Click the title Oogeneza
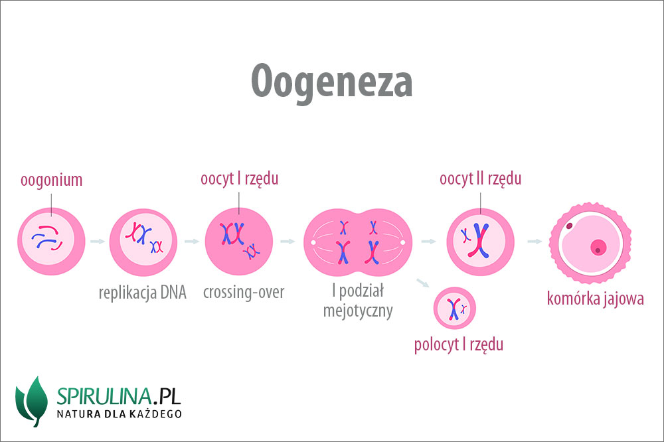[331, 82]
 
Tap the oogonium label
[51, 181]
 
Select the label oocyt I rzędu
[239, 179]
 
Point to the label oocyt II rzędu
[480, 179]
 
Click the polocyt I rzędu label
[459, 344]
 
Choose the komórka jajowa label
[595, 299]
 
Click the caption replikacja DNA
[142, 293]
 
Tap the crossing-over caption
[244, 292]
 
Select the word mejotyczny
[358, 311]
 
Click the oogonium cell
[51, 242]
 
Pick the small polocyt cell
[454, 308]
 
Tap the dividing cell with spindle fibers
[358, 242]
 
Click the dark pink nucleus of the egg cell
[598, 248]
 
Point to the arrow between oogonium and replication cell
[98, 242]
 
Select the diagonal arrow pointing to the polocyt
[422, 283]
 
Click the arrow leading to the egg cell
[535, 242]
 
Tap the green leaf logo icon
[32, 402]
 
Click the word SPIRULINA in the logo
[104, 396]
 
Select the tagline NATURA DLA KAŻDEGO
[119, 413]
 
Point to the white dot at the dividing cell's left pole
[313, 243]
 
